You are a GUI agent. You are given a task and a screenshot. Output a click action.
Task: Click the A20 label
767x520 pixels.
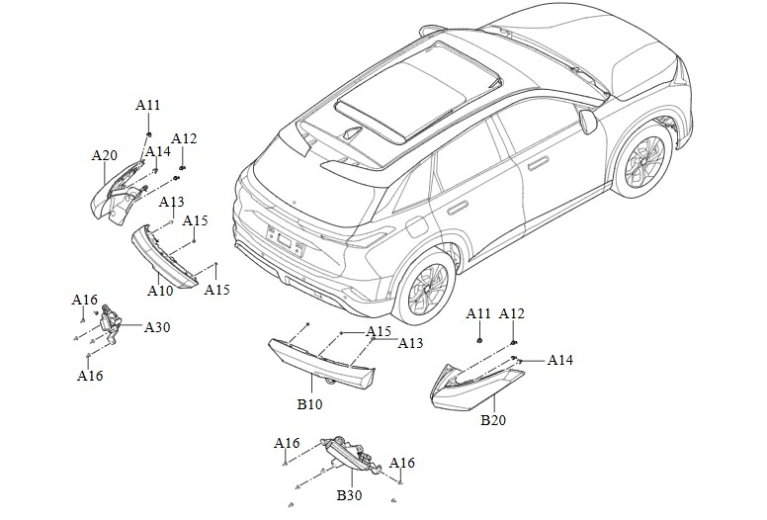point(105,155)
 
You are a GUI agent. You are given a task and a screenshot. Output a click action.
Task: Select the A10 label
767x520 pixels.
point(160,291)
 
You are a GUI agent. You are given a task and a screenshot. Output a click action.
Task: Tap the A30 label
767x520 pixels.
point(157,326)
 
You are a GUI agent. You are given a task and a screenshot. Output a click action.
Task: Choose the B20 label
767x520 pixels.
point(493,420)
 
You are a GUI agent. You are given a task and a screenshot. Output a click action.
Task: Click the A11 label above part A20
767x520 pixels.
point(147,105)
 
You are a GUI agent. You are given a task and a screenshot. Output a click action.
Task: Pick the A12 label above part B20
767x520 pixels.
point(512,313)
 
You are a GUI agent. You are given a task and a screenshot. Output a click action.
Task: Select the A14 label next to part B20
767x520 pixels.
point(560,360)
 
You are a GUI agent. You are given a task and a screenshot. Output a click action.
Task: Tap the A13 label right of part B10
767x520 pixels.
point(411,343)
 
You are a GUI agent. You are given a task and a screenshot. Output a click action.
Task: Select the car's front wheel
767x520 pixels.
point(643,159)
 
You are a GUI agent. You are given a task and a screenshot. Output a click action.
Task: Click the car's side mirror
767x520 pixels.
point(588,121)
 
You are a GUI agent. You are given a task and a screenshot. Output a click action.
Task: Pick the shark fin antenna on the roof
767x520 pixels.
point(351,133)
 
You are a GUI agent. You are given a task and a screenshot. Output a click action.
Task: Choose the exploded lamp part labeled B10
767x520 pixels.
point(321,365)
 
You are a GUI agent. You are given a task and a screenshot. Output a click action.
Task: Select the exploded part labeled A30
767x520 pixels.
point(112,323)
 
